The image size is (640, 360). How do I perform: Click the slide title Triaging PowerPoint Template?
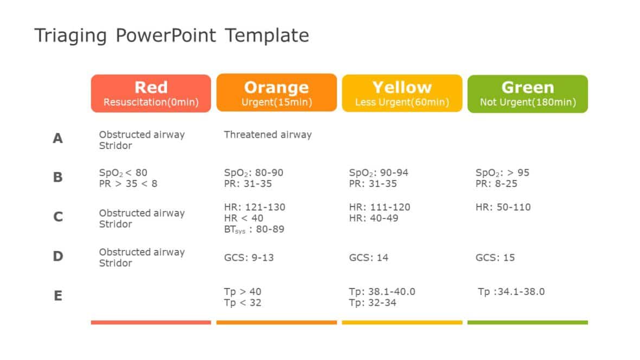171,36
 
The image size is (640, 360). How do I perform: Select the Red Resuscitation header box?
151,93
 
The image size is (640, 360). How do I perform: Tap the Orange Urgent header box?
276,93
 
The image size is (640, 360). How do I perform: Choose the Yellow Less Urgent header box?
402,93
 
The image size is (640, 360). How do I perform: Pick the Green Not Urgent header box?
527,93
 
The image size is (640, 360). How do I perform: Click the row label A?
57,139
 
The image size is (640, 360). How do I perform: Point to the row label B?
57,177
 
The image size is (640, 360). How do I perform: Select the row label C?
57,217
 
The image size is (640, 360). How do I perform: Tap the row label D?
57,256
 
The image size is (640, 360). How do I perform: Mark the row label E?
57,296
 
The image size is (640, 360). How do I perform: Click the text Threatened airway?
267,134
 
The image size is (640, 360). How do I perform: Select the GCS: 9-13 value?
248,258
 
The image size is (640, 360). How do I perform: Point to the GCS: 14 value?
368,258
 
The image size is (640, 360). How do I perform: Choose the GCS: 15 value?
495,258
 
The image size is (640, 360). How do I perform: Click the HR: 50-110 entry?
503,207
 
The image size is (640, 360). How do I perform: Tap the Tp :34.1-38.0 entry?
511,292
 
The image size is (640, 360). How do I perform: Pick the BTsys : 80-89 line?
254,229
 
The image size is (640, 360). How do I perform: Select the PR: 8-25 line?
496,184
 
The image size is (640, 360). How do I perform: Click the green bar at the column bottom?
527,322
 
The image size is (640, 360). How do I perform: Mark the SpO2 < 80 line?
123,173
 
